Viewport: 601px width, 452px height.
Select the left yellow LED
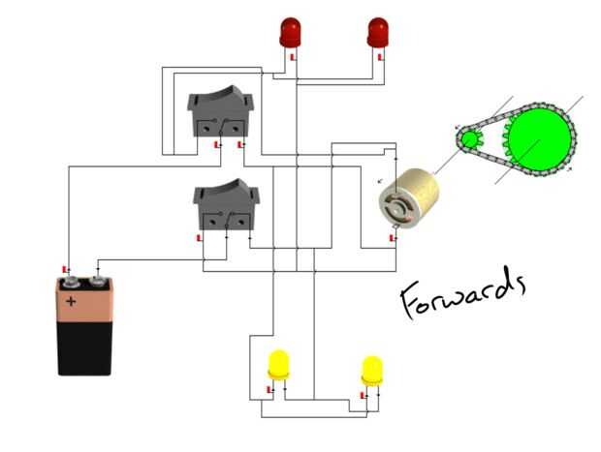click(278, 365)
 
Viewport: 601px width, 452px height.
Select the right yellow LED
click(372, 369)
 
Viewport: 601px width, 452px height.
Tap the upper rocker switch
click(220, 112)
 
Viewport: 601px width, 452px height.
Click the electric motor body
click(409, 198)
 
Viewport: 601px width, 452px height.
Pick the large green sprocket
click(538, 140)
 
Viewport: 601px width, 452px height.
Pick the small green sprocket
click(469, 139)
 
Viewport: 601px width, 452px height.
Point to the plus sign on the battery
click(71, 301)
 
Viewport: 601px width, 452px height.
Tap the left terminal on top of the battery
click(71, 283)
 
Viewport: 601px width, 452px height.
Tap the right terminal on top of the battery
click(98, 282)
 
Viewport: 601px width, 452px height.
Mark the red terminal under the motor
click(392, 237)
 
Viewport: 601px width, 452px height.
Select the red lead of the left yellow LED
click(269, 390)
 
